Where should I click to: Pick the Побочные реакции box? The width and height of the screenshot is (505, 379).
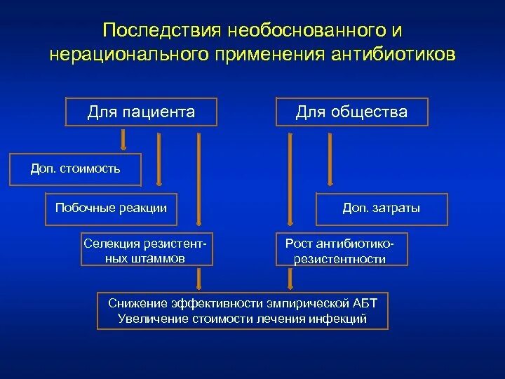point(111,208)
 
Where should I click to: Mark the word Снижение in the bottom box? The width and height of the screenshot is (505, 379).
point(136,303)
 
